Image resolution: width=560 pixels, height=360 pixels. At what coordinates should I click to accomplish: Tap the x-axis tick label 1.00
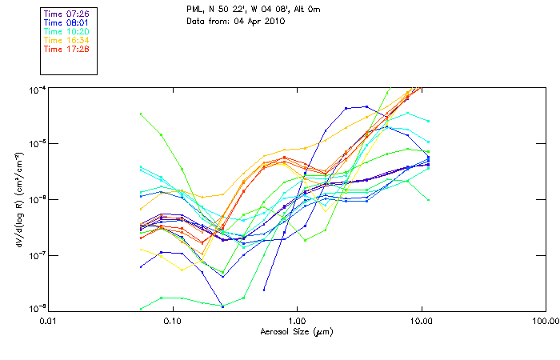(297, 321)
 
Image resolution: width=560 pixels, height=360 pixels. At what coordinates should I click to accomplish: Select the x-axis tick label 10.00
(421, 321)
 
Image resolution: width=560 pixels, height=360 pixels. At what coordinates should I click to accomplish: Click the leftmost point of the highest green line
(141, 114)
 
